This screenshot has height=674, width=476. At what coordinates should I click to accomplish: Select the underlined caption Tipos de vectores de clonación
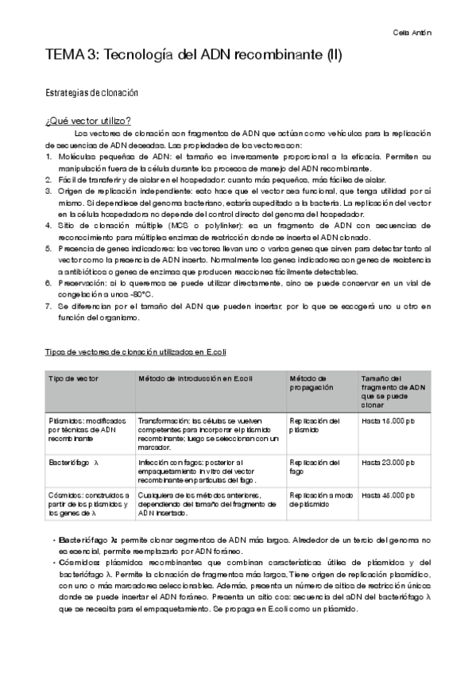137,351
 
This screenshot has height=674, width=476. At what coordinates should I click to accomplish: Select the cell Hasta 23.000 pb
389,462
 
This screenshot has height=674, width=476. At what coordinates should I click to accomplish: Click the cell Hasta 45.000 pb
389,494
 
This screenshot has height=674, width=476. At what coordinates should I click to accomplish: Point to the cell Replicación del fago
315,467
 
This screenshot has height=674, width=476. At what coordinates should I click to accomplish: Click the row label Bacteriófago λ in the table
73,462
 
